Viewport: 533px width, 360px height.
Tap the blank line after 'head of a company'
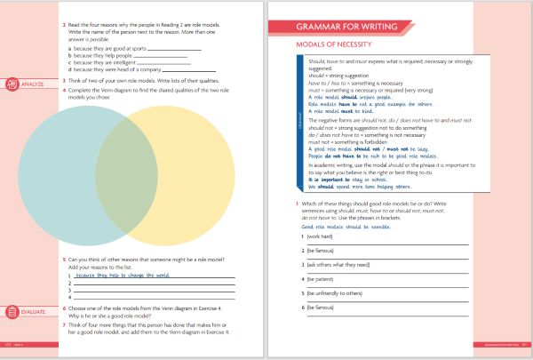point(187,69)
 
